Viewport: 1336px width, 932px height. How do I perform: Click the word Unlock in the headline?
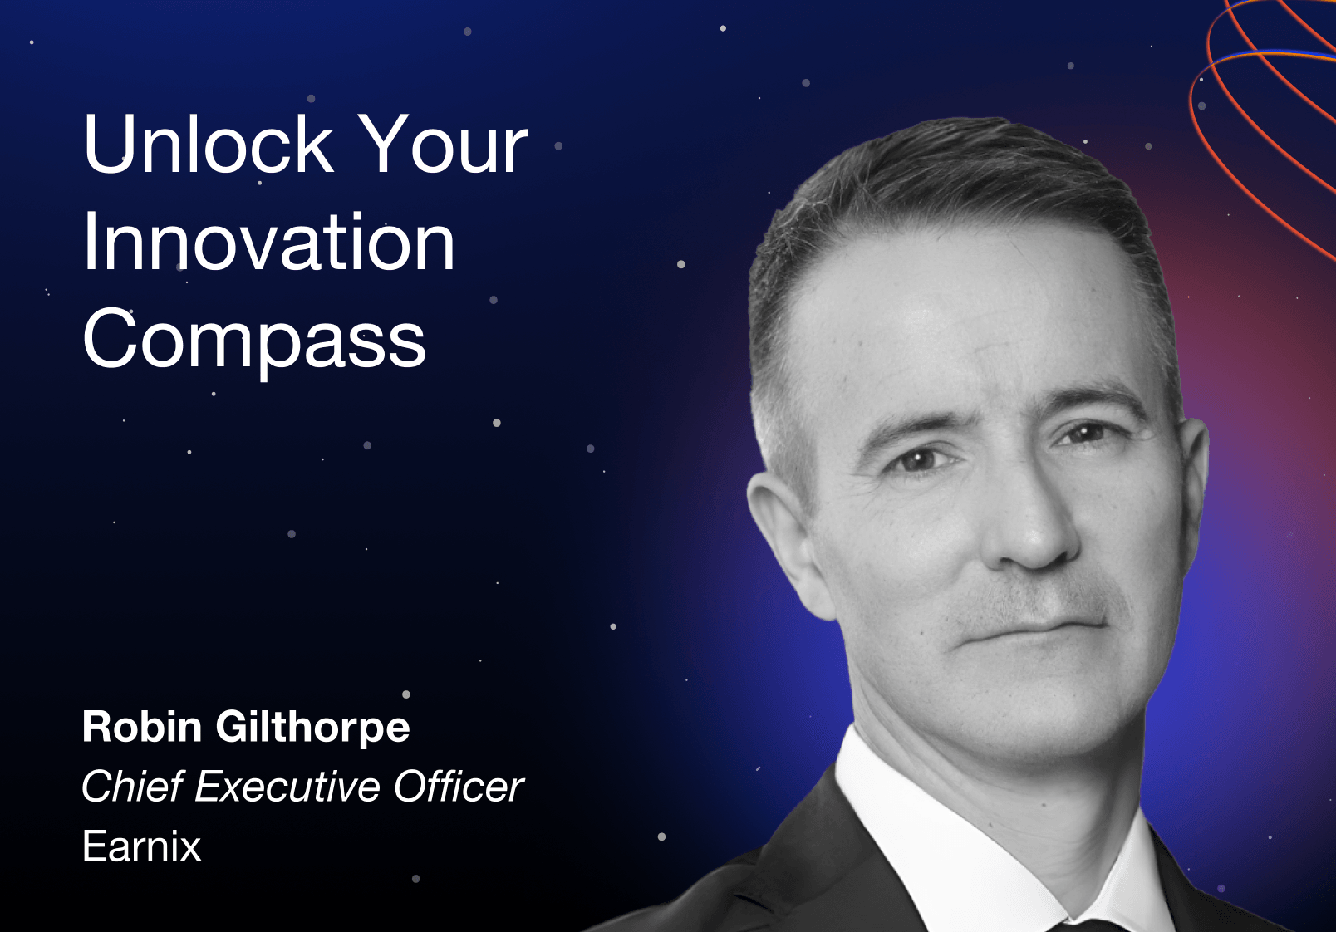(209, 144)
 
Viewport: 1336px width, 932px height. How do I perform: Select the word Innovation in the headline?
(268, 242)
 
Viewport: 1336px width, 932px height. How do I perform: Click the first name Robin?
(142, 727)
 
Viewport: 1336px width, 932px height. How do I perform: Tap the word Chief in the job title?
(132, 787)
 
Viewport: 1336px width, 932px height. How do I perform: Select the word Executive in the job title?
(287, 787)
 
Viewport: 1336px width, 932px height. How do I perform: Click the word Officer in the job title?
(459, 787)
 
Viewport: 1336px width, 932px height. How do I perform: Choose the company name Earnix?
(142, 846)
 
